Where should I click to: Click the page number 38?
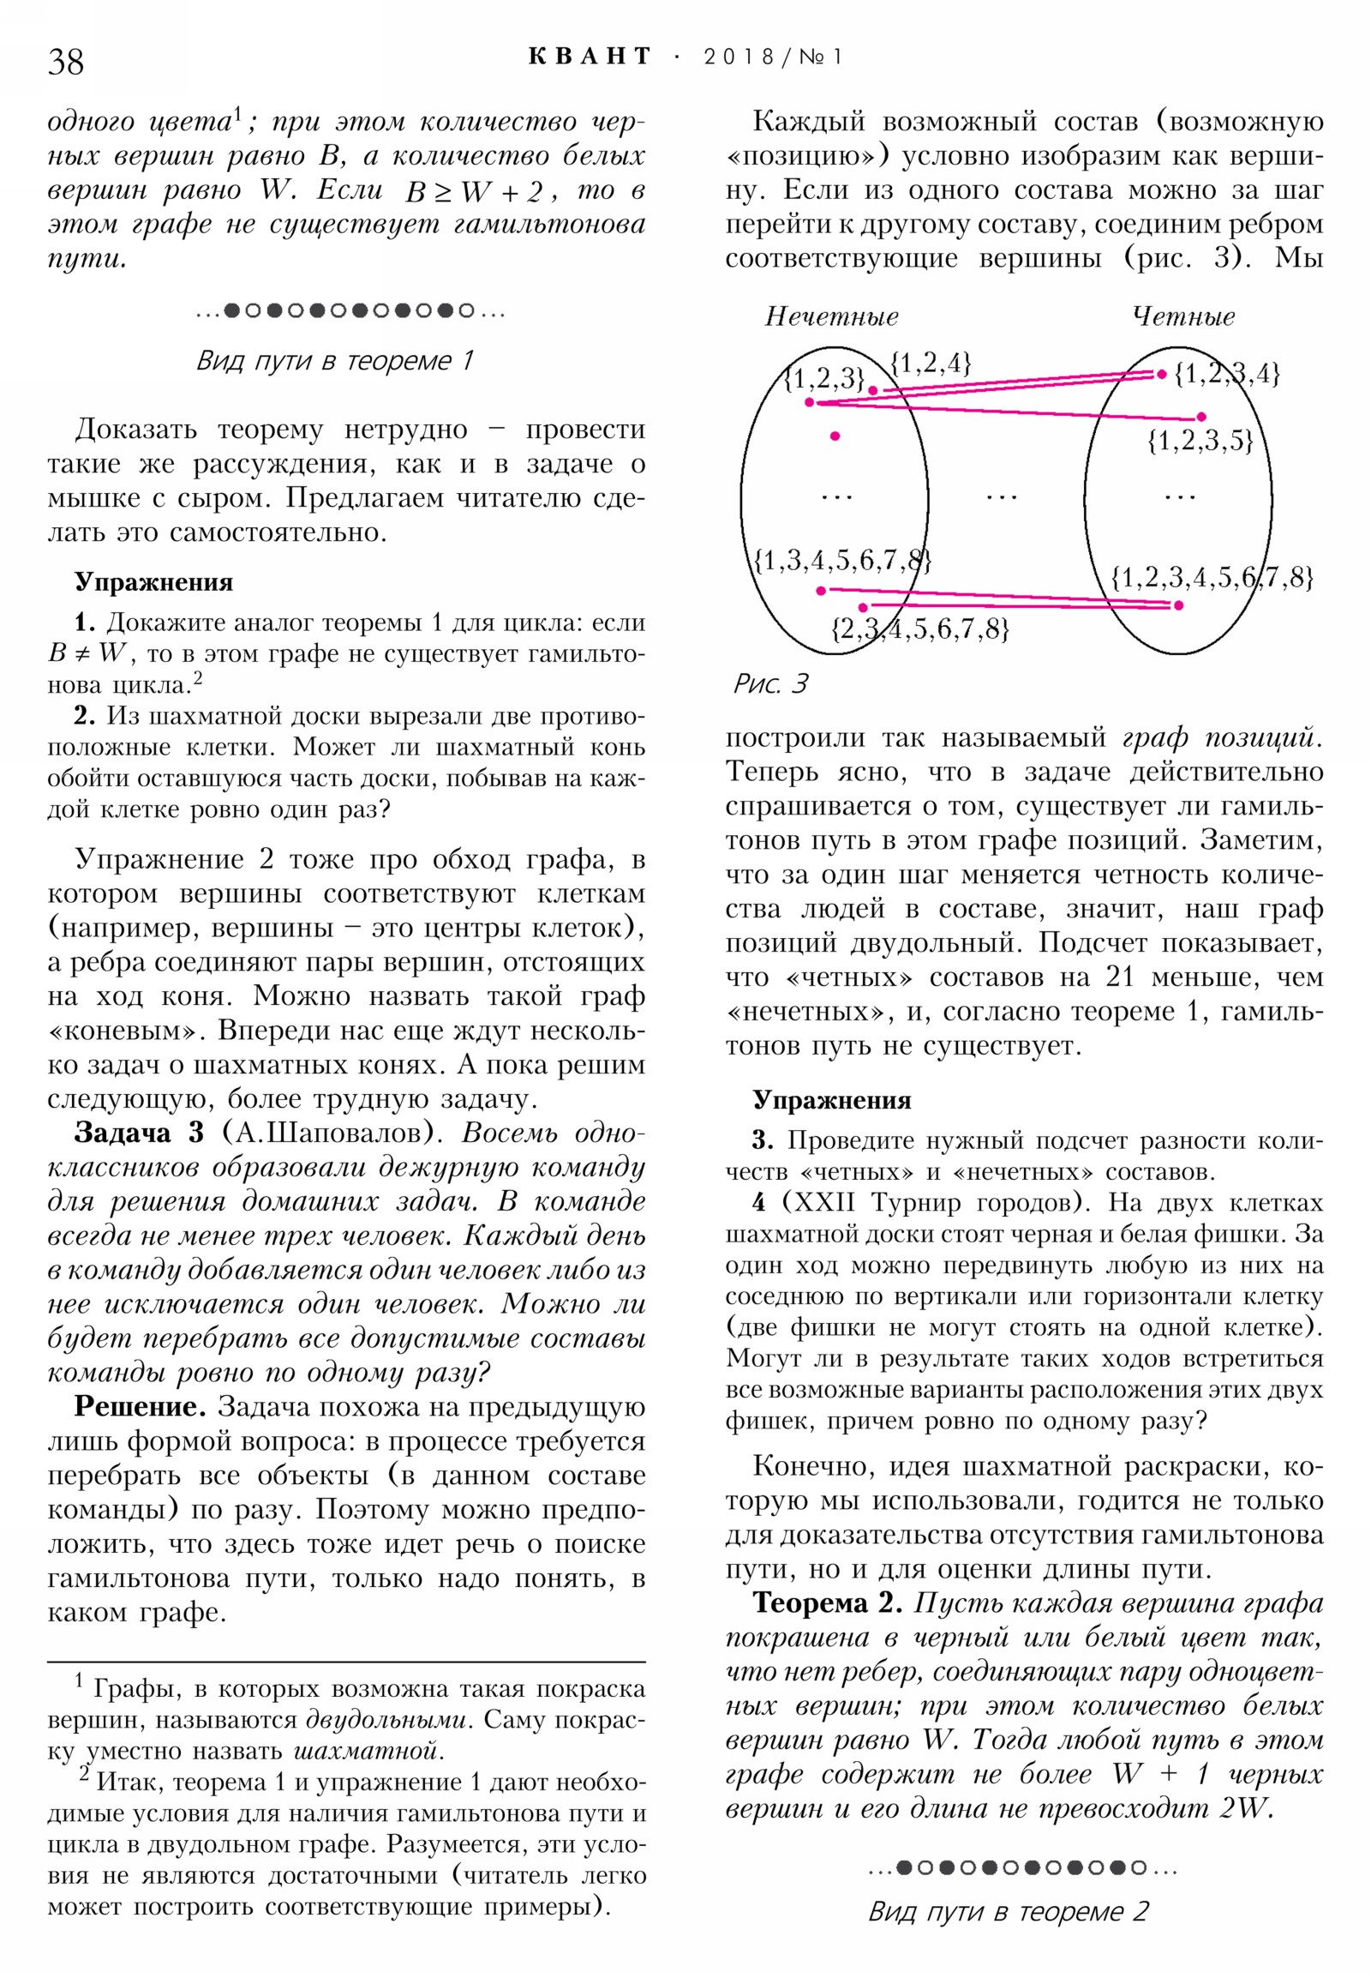pyautogui.click(x=66, y=62)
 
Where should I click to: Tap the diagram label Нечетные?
pyautogui.click(x=831, y=317)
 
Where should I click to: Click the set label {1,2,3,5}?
pyautogui.click(x=1200, y=441)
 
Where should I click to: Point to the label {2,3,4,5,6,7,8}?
pyautogui.click(x=919, y=628)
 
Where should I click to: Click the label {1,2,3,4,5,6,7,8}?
pyautogui.click(x=1212, y=576)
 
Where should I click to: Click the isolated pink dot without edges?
pyautogui.click(x=835, y=436)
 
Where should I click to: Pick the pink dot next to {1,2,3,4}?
pyautogui.click(x=1162, y=374)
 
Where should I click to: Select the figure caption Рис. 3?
pyautogui.click(x=769, y=683)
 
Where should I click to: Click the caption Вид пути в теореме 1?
pyautogui.click(x=335, y=360)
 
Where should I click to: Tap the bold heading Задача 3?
pyautogui.click(x=138, y=1132)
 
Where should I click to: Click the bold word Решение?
pyautogui.click(x=139, y=1406)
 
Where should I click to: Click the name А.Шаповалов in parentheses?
pyautogui.click(x=328, y=1132)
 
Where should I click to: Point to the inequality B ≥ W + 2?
pyautogui.click(x=474, y=190)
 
